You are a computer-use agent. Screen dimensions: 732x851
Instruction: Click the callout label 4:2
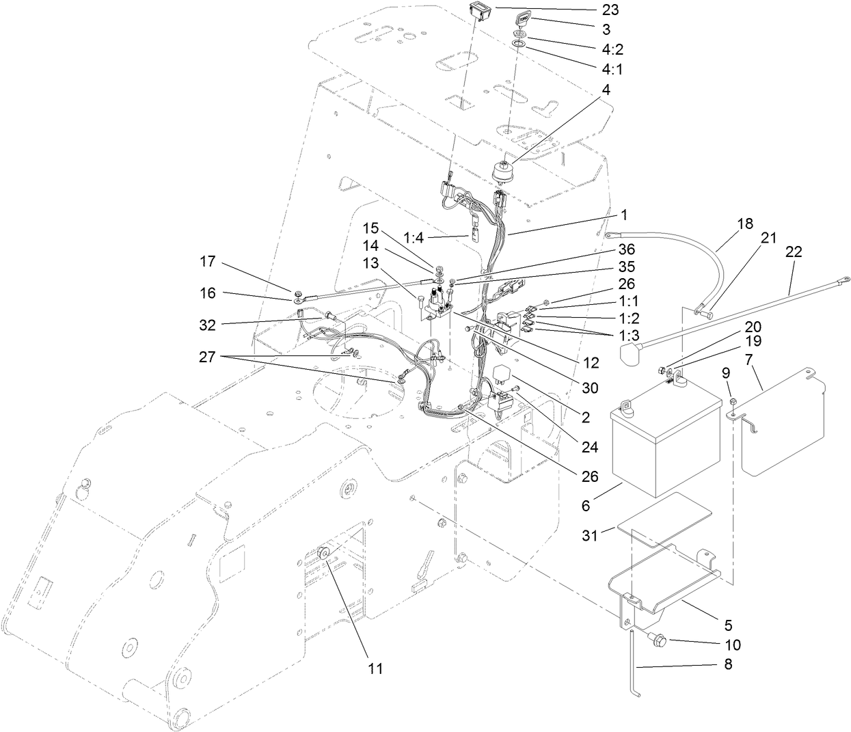pyautogui.click(x=611, y=49)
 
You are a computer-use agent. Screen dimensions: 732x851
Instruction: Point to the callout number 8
pyautogui.click(x=729, y=663)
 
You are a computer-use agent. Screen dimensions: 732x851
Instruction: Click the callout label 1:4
pyautogui.click(x=414, y=238)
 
